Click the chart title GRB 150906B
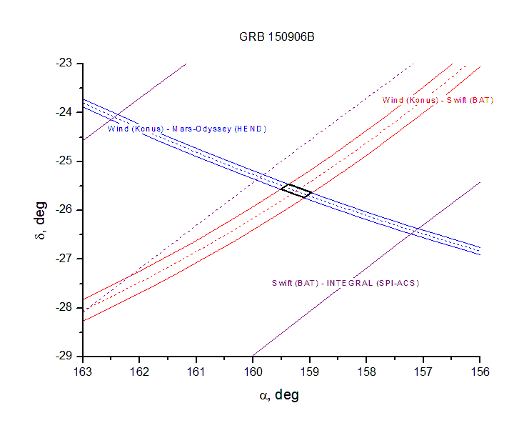point(276,36)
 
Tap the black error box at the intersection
point(296,191)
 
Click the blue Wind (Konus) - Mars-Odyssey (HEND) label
point(186,129)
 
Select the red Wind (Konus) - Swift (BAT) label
point(438,100)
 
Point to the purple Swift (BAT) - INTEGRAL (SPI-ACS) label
point(346,283)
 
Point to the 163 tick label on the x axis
point(83,372)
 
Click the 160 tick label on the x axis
point(253,372)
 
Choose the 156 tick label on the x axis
point(480,372)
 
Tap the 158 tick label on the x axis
point(366,372)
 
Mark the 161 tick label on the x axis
point(196,372)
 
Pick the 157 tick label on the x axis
point(423,372)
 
